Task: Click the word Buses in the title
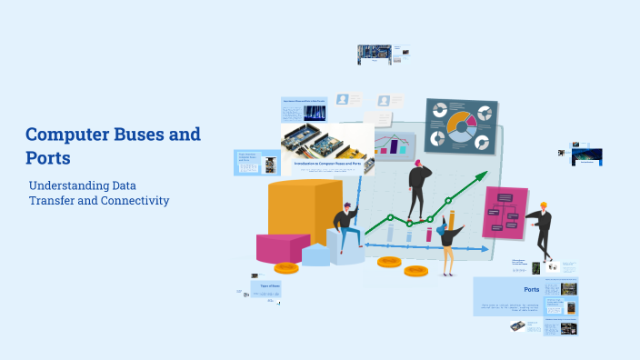pyautogui.click(x=136, y=135)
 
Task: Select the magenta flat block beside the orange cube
pyautogui.click(x=282, y=247)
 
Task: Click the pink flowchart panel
pyautogui.click(x=505, y=212)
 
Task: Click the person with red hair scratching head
pyautogui.click(x=419, y=187)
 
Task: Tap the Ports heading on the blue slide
pyautogui.click(x=532, y=289)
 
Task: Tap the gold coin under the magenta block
pyautogui.click(x=286, y=267)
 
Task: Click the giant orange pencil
pyautogui.click(x=451, y=225)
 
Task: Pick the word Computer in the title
pyautogui.click(x=65, y=135)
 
